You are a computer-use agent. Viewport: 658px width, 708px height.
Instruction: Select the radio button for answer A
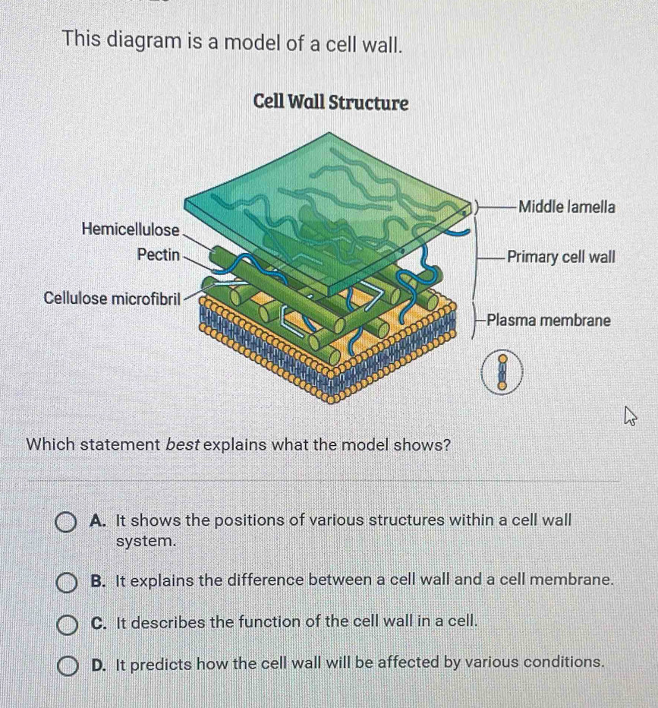coord(65,523)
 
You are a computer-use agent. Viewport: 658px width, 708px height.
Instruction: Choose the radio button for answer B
coord(66,583)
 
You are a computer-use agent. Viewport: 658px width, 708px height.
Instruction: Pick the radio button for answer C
coord(68,624)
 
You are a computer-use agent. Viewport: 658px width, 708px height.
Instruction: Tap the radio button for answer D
coord(68,666)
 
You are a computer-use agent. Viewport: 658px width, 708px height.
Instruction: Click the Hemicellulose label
coord(131,230)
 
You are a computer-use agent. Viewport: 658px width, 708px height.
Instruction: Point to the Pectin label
coord(159,254)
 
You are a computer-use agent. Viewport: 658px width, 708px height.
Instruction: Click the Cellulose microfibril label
coord(112,298)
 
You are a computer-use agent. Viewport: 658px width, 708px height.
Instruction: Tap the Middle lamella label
coord(567,207)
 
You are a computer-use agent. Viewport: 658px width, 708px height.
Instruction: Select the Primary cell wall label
coord(561,257)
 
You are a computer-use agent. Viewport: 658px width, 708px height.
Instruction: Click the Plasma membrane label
coord(549,320)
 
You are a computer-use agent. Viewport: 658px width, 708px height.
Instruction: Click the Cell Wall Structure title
coord(331,103)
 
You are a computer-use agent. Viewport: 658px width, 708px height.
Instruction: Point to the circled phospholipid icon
coord(502,372)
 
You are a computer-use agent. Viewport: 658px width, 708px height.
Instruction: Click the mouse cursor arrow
coord(630,416)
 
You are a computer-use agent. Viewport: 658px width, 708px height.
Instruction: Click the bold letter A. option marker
coord(98,520)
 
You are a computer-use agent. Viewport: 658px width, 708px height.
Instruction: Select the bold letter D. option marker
coord(99,664)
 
